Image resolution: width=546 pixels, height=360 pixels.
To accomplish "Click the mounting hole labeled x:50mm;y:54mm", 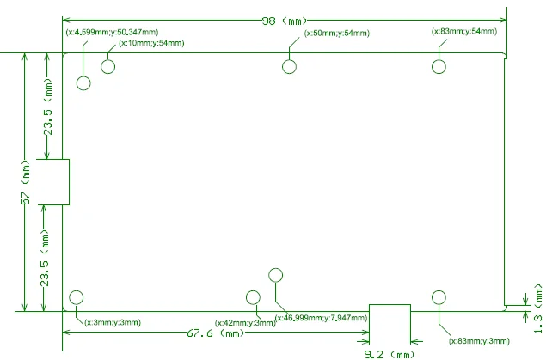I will (x=290, y=67).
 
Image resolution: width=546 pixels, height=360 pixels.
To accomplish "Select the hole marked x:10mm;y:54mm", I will (x=108, y=67).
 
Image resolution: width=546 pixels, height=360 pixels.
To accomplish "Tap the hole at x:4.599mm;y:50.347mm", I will (x=83, y=82).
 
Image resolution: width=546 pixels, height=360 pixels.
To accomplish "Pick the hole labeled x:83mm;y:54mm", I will (x=439, y=67).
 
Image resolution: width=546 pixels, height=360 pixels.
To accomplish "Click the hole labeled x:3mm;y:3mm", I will (x=76, y=297).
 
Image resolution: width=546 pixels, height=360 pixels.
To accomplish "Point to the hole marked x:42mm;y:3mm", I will (x=253, y=297).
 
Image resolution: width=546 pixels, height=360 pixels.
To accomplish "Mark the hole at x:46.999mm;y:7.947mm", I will (x=275, y=275).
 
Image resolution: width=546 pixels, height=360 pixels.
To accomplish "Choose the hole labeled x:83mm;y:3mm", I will (x=439, y=297).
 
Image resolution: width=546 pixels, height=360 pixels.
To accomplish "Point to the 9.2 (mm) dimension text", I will (x=390, y=353).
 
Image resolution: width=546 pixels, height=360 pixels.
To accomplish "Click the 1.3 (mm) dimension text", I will (x=538, y=309).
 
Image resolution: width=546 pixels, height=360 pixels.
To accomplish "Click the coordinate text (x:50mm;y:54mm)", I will (x=337, y=34).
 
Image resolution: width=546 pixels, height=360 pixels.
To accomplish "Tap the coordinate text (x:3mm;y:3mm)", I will (x=113, y=322).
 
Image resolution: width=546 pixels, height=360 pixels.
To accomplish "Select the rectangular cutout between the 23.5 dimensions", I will (x=53, y=181).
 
